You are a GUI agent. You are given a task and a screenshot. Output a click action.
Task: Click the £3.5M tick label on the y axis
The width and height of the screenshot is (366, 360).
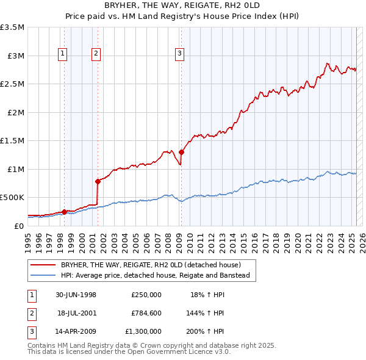tap(12, 27)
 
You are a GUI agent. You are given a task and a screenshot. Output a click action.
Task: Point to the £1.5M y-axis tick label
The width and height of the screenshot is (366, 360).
tap(12, 141)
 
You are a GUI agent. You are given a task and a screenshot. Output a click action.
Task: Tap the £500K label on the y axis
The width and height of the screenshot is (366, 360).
tap(12, 198)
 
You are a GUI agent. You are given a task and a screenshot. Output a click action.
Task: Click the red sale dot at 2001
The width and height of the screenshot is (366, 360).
tap(98, 181)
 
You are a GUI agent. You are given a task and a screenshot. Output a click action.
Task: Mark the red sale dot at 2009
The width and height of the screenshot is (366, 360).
tap(182, 152)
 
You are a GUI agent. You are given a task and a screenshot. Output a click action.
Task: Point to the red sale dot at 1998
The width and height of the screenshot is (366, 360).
tap(65, 212)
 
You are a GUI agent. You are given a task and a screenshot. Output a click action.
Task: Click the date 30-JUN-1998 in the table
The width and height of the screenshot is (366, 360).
tap(76, 295)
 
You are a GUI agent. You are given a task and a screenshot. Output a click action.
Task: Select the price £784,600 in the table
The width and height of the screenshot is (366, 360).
tap(146, 313)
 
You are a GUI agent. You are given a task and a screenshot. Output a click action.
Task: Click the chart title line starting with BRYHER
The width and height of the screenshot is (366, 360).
tap(183, 5)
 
